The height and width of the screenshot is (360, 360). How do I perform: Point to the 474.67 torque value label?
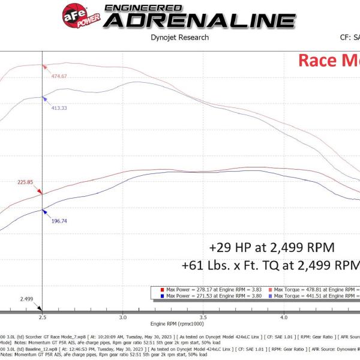click(x=59, y=76)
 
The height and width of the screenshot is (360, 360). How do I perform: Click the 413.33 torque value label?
click(x=59, y=108)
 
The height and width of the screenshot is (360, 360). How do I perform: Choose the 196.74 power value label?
click(x=59, y=221)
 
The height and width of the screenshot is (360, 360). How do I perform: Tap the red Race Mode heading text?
click(x=329, y=60)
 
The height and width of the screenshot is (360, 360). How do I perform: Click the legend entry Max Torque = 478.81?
click(x=315, y=289)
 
